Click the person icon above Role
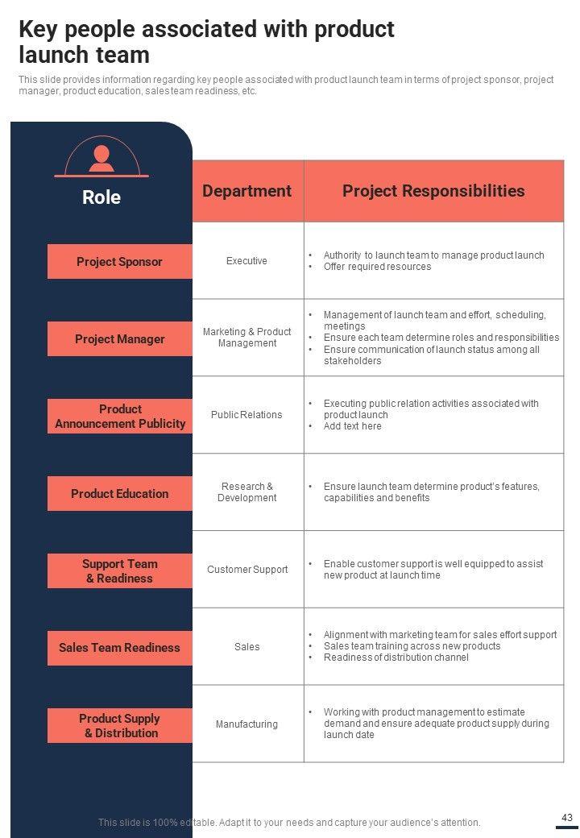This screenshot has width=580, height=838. (101, 157)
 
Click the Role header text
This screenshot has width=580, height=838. (101, 197)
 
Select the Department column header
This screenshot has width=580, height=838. (246, 191)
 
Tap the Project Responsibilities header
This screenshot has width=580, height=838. (433, 191)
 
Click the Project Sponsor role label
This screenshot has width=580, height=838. (119, 262)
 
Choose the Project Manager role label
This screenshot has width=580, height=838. (119, 339)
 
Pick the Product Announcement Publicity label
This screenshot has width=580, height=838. (120, 417)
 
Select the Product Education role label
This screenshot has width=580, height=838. (119, 494)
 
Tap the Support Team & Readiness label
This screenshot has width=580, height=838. (119, 571)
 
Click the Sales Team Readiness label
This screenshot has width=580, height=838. (119, 648)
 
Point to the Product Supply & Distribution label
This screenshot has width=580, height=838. (119, 726)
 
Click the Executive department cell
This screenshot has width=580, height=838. (246, 261)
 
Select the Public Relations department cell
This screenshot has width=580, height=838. (246, 415)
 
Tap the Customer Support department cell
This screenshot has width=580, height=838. (247, 570)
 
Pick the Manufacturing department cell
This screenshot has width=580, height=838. (246, 724)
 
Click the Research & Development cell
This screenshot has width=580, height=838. (246, 492)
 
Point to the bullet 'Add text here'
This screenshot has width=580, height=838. (352, 426)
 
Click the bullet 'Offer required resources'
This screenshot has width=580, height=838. (377, 267)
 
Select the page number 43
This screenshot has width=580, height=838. (566, 818)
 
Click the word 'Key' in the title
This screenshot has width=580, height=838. (37, 30)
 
